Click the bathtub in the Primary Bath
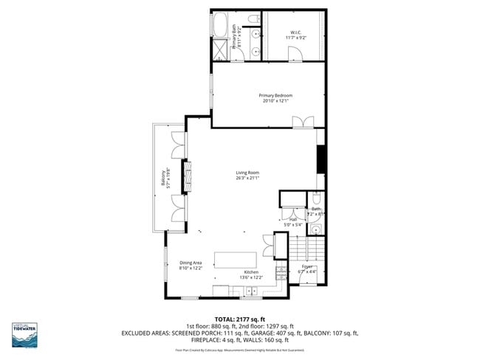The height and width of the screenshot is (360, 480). [221, 27]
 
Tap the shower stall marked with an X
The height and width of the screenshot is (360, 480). [220, 50]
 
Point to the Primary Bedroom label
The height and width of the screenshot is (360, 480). [275, 95]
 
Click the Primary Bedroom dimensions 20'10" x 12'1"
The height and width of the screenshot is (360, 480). [275, 101]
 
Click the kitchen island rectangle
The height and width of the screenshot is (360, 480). [236, 260]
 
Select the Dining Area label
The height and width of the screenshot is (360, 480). [191, 263]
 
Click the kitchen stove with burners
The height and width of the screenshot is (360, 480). [281, 274]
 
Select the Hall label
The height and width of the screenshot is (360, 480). [292, 220]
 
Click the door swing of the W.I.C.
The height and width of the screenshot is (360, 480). [294, 53]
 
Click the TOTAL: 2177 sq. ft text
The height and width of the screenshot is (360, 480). [239, 318]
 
